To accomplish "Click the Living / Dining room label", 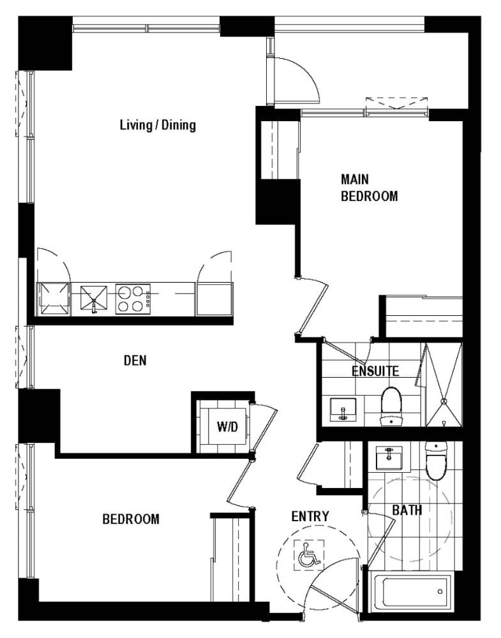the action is [158, 125].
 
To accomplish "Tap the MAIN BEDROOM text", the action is [369, 188].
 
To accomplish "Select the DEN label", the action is [135, 360].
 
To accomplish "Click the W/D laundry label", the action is [227, 427].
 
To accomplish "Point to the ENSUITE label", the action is [375, 371].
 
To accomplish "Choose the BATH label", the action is [407, 510].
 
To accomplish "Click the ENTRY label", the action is [310, 516].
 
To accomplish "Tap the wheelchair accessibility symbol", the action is [309, 555].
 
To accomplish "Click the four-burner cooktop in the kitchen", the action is [133, 299].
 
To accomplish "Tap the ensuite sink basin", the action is [343, 410].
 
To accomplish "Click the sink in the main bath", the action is [389, 457].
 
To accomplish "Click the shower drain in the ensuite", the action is [444, 401].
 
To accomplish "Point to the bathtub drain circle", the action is [440, 591].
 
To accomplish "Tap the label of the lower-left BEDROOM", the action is [131, 519].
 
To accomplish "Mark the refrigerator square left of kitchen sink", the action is [54, 299].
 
